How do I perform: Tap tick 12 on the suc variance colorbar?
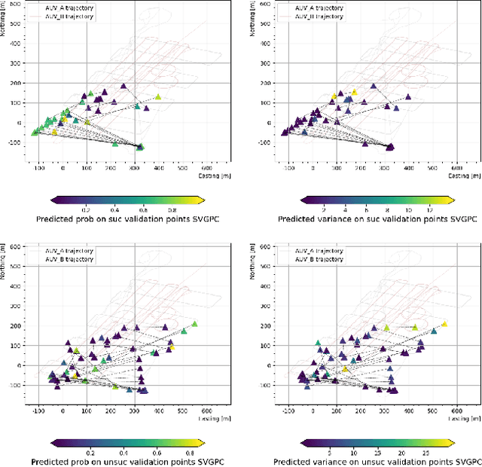click(x=429, y=210)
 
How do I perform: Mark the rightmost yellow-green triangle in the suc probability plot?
click(x=158, y=97)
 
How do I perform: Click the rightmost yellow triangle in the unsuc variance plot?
click(x=444, y=324)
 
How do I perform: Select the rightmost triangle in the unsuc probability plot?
click(x=194, y=324)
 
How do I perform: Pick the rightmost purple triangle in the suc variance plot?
click(x=408, y=96)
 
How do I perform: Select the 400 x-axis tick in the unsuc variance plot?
click(x=408, y=411)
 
